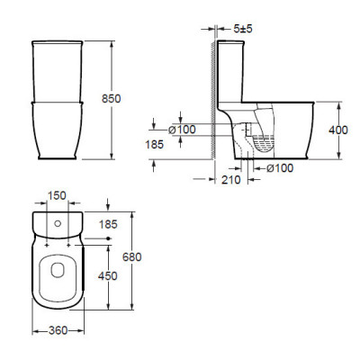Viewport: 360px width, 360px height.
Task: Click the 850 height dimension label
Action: [112, 98]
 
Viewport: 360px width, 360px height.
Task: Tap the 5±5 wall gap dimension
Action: [243, 29]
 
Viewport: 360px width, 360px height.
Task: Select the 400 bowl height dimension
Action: [338, 130]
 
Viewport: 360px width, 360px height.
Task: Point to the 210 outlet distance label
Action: [231, 180]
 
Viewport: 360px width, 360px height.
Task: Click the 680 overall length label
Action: [132, 257]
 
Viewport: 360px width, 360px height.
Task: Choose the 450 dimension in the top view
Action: [108, 276]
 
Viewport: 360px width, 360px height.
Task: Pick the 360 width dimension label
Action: [58, 330]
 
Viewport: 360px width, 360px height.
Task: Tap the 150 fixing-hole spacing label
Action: [57, 195]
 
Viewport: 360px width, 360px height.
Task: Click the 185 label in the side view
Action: [155, 145]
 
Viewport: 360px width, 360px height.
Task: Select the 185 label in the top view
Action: [108, 224]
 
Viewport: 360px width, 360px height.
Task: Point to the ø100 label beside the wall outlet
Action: [182, 130]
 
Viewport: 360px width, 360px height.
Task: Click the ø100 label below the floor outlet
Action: [280, 168]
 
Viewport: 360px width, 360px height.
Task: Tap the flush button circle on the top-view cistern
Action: [58, 223]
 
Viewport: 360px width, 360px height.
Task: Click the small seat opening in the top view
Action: [58, 269]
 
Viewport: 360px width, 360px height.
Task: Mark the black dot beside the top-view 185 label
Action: [109, 238]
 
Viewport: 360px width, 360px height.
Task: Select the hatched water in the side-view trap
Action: [264, 143]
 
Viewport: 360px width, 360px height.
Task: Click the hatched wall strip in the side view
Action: [212, 100]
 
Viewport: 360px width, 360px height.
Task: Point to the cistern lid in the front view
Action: [57, 42]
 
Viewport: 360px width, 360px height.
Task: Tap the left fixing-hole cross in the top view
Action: [47, 246]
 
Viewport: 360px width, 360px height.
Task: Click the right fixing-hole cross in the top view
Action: [69, 246]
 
